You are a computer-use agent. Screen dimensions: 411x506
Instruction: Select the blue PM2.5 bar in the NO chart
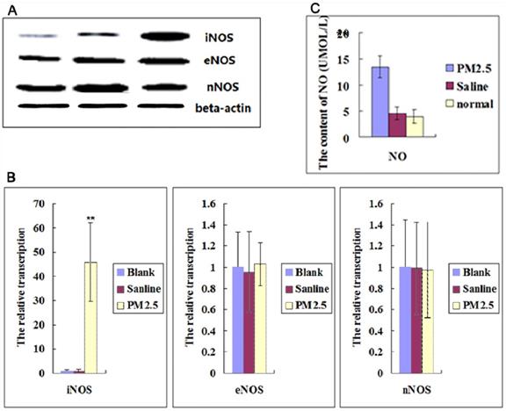pos(380,102)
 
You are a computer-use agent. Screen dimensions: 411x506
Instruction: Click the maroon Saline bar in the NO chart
pos(397,125)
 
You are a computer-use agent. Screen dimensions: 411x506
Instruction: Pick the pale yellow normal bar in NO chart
pos(414,126)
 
